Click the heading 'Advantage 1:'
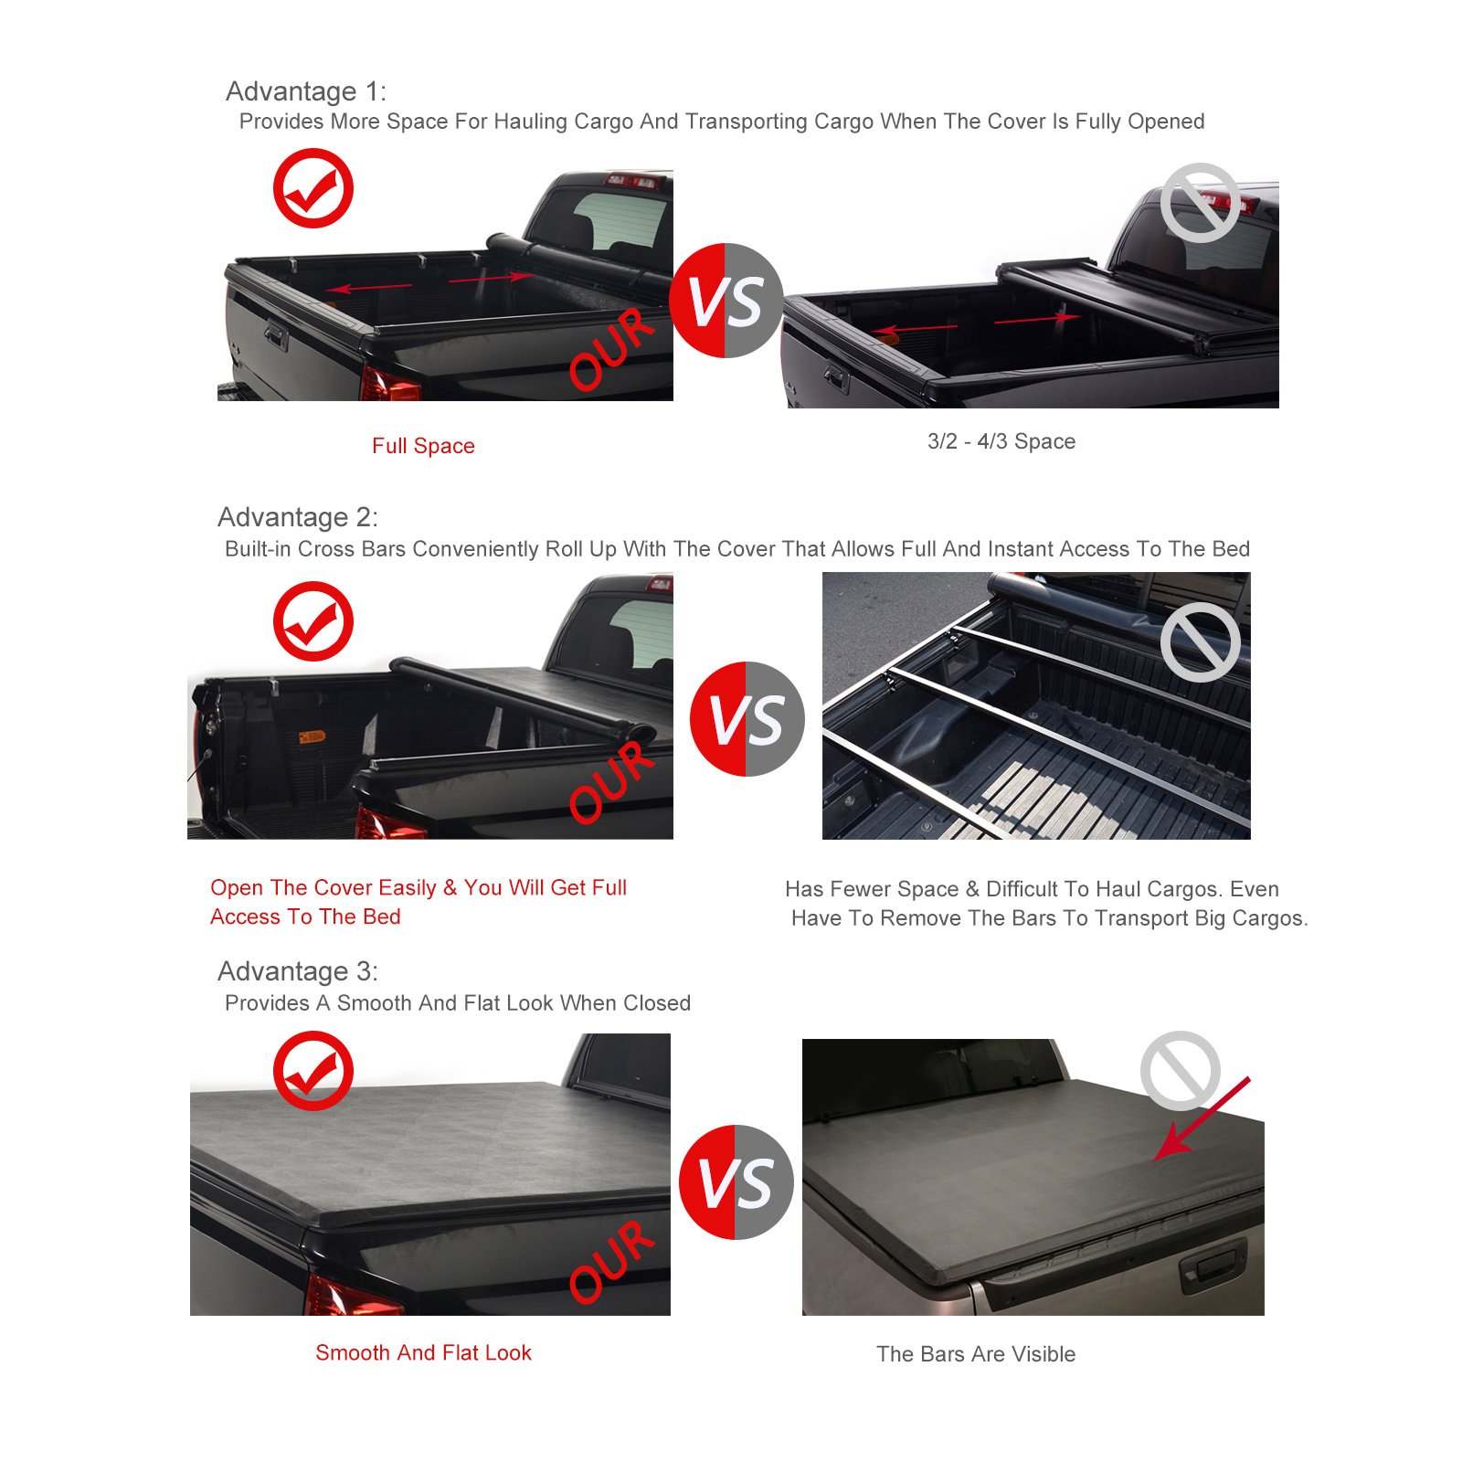click(306, 91)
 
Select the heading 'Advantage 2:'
click(298, 517)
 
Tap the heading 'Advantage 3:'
click(298, 971)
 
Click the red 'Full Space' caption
click(423, 446)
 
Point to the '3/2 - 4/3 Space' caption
click(1001, 441)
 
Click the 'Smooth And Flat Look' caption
click(423, 1352)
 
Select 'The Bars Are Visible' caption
click(976, 1354)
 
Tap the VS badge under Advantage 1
click(726, 301)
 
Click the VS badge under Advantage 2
click(747, 719)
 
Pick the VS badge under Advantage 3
click(736, 1182)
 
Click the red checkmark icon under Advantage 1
click(313, 188)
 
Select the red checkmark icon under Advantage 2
click(313, 621)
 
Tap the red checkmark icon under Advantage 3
click(313, 1071)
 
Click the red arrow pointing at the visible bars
click(1202, 1119)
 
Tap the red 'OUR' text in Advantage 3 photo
click(611, 1261)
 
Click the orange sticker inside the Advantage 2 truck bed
click(312, 736)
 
